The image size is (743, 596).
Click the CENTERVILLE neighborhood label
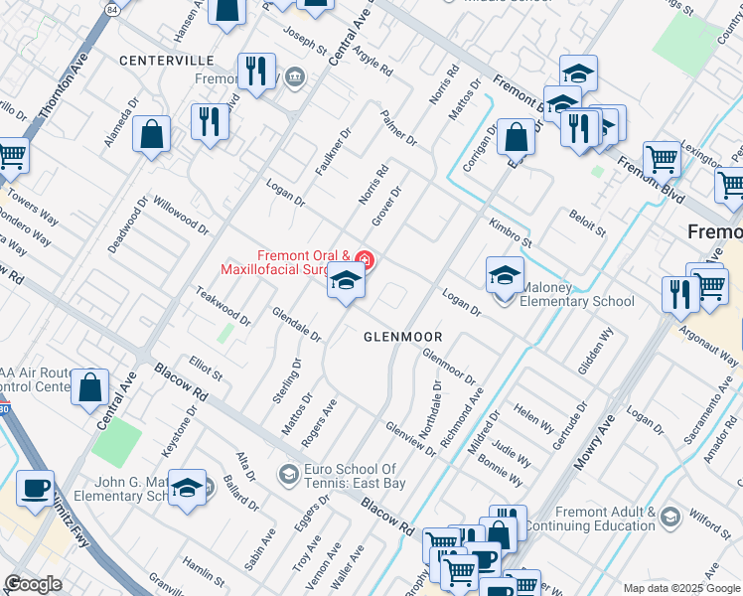click(167, 61)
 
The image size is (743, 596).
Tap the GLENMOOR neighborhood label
click(401, 337)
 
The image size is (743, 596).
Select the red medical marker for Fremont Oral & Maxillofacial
click(365, 262)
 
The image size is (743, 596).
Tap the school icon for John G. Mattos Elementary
click(187, 488)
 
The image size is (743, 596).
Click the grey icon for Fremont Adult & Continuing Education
click(669, 517)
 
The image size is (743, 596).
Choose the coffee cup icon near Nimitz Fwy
click(36, 489)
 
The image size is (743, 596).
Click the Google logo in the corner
click(33, 584)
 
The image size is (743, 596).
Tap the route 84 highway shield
click(112, 9)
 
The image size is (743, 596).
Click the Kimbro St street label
click(510, 233)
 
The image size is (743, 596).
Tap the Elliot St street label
click(205, 369)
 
